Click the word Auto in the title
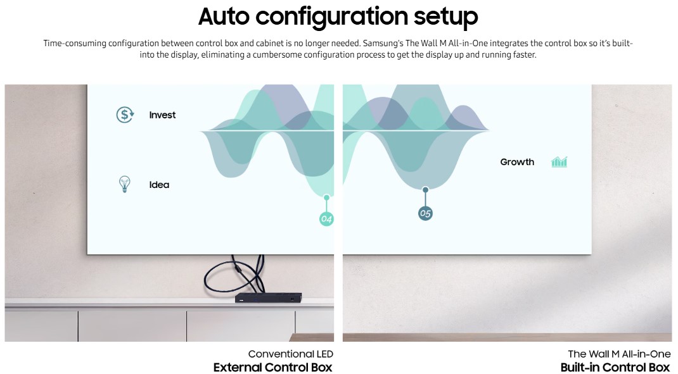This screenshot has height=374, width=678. (224, 16)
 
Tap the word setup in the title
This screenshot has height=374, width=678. (446, 17)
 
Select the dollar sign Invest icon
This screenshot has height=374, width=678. (125, 115)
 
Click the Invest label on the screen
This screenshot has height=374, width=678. (162, 115)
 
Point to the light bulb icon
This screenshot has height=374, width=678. (125, 184)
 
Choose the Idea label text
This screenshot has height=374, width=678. (159, 185)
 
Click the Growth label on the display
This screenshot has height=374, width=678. (517, 162)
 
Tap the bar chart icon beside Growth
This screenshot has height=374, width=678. (559, 162)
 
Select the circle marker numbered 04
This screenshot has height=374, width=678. (326, 219)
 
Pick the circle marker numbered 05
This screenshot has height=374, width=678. (425, 213)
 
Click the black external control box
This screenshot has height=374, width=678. (269, 297)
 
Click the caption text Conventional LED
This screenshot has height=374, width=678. (291, 354)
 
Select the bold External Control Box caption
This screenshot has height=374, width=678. (273, 368)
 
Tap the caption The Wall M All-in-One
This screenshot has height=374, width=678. (619, 354)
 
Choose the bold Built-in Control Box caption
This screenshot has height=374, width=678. (615, 368)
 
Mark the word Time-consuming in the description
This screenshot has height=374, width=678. (75, 44)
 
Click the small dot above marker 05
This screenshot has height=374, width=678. (425, 190)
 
